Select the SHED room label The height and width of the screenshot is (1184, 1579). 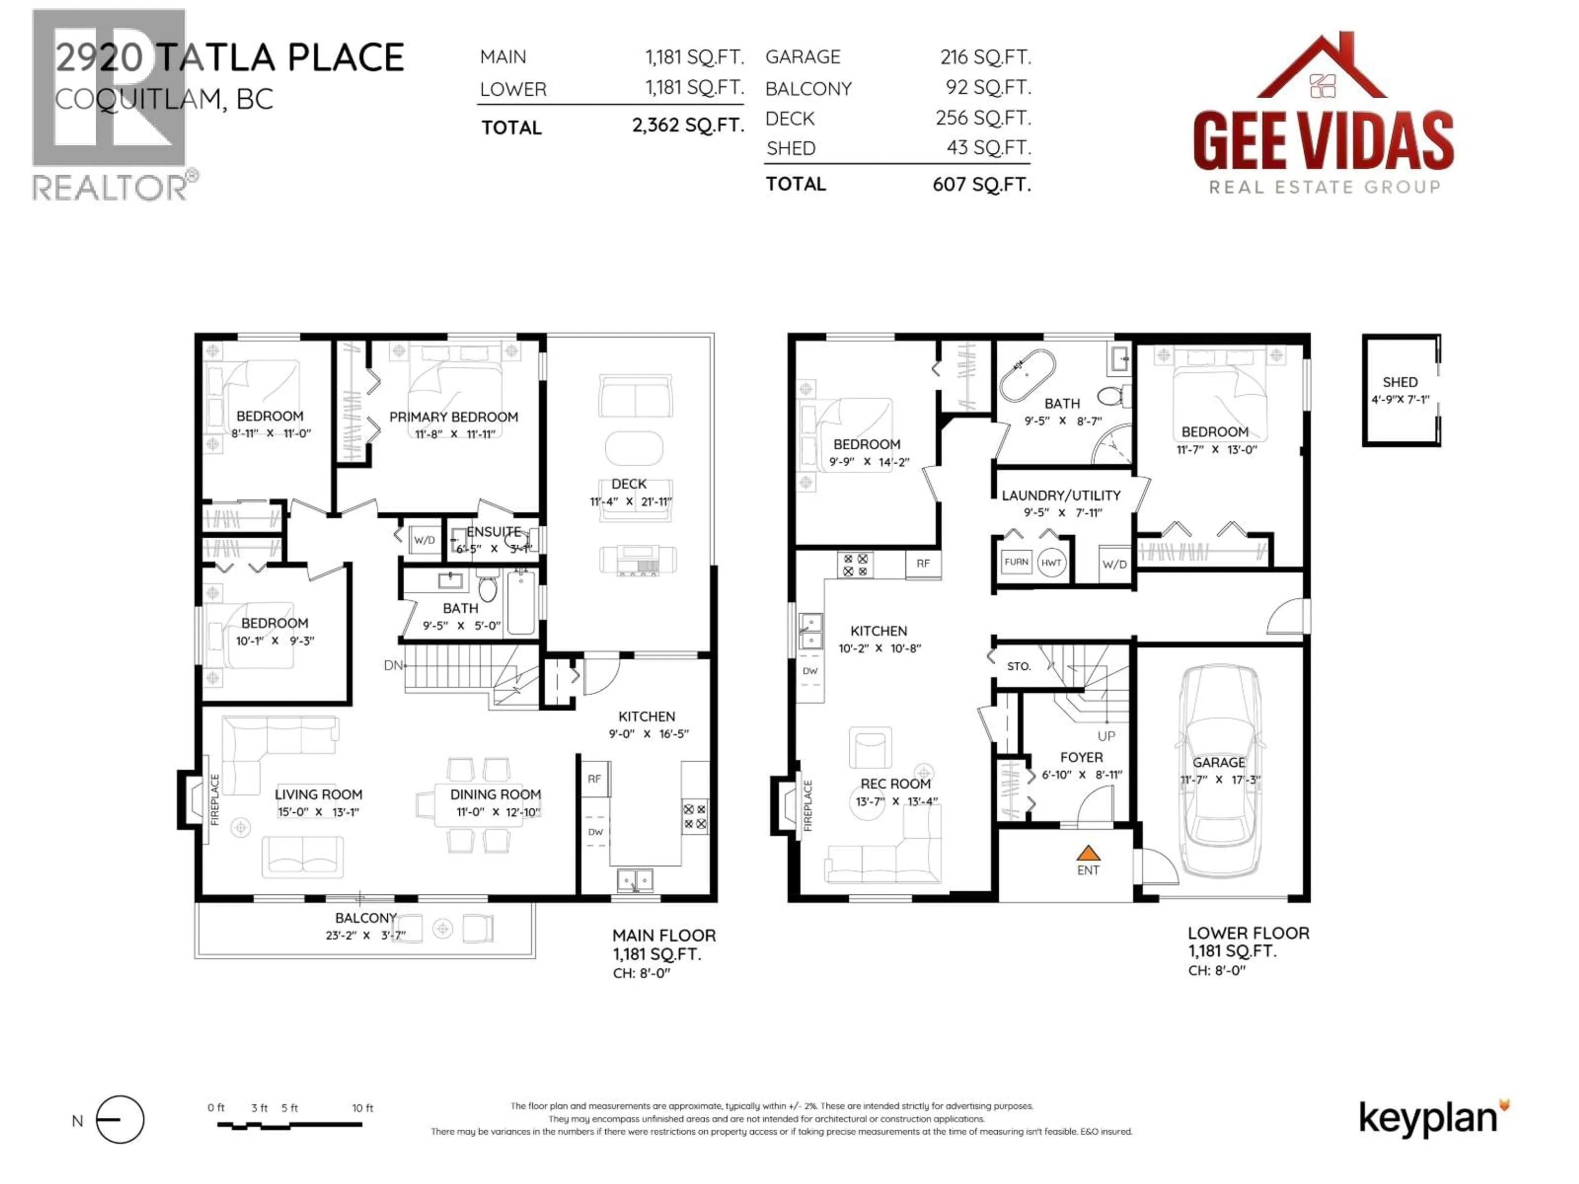click(x=1399, y=382)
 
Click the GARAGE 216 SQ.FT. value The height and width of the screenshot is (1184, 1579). click(x=985, y=57)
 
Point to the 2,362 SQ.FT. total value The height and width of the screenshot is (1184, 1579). click(x=688, y=126)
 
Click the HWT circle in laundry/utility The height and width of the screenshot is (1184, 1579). click(x=1051, y=562)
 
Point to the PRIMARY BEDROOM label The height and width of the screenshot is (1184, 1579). click(x=453, y=417)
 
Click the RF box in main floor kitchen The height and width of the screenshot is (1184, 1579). click(x=594, y=779)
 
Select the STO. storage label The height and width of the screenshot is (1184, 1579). click(x=1019, y=666)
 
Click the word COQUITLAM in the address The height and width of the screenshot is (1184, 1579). click(x=139, y=99)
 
